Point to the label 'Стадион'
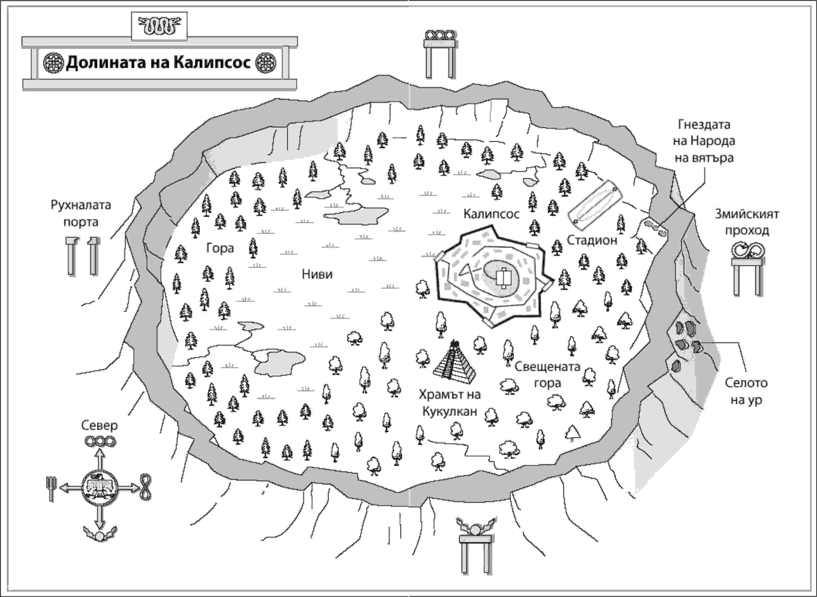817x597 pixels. [x=592, y=240]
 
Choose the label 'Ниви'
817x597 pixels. [x=317, y=274]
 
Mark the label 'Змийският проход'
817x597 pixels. [x=746, y=222]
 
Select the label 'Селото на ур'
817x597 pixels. [x=746, y=391]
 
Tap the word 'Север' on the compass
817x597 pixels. [x=99, y=425]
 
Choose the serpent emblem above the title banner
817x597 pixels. [x=159, y=26]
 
